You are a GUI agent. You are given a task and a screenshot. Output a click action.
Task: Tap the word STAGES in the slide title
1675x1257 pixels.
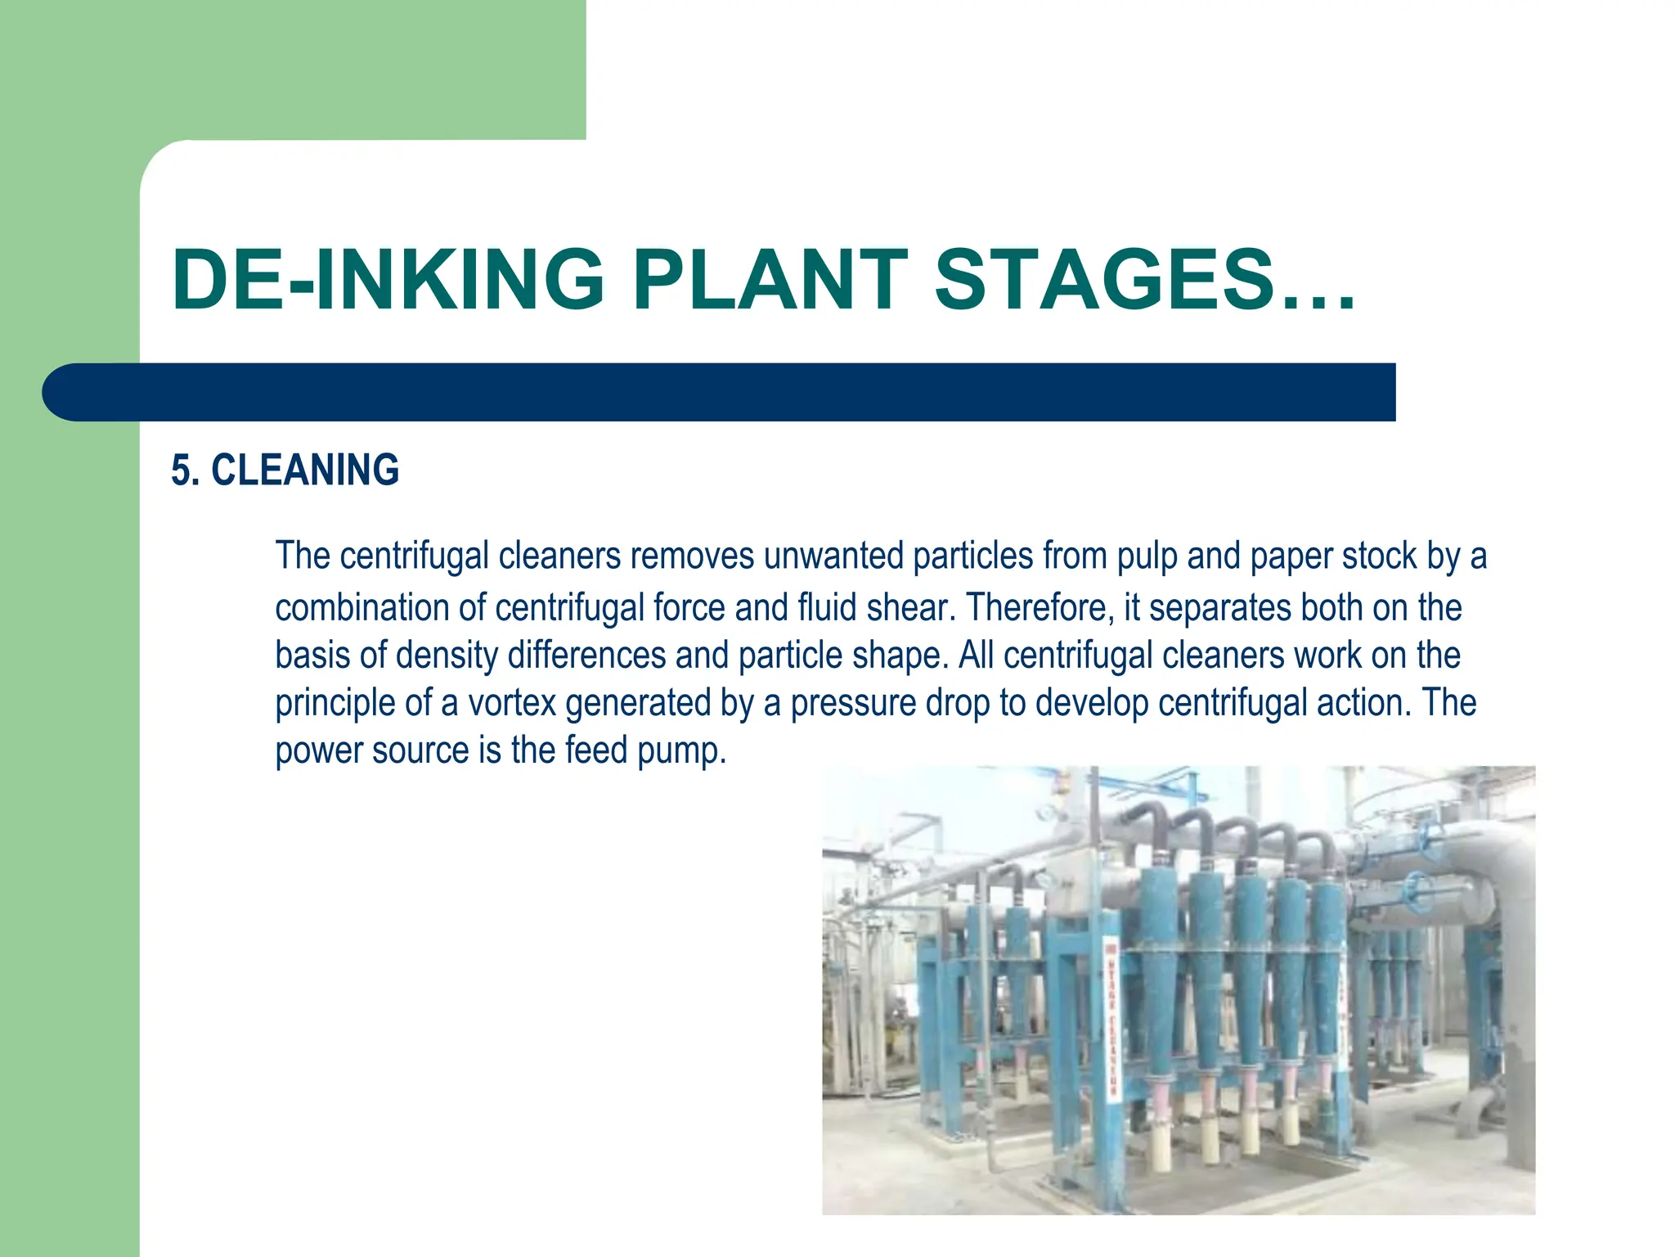(x=1104, y=281)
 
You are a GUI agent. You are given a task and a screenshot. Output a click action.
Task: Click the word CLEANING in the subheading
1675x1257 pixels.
(x=305, y=471)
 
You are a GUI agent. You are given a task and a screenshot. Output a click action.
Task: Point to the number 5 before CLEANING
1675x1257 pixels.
(x=181, y=471)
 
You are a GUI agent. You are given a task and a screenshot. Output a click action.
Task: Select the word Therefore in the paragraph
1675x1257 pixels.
(x=1036, y=608)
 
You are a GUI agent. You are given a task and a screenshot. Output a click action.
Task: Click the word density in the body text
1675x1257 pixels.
(x=447, y=656)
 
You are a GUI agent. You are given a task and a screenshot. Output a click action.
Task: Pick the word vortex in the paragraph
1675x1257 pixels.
(x=511, y=703)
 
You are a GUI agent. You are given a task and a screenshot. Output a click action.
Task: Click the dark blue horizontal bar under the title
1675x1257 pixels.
(x=720, y=393)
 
